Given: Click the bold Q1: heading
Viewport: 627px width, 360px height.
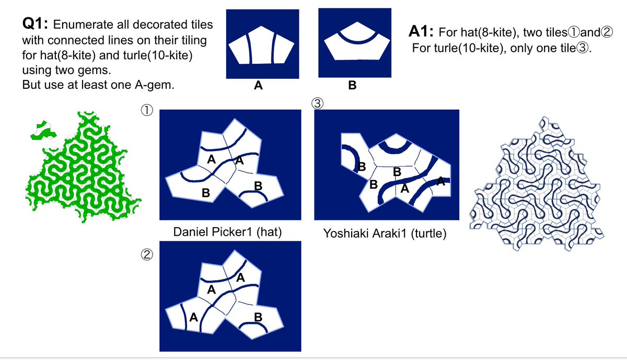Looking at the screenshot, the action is tap(36, 24).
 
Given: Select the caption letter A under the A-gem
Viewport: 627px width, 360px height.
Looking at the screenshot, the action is tap(258, 85).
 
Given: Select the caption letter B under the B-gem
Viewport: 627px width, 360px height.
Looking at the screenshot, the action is tap(352, 85).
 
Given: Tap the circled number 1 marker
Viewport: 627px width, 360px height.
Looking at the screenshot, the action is tap(147, 110).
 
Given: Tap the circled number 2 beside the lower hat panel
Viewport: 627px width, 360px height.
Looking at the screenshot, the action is tap(147, 255).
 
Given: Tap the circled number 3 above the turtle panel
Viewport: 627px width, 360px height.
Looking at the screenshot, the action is tap(317, 103).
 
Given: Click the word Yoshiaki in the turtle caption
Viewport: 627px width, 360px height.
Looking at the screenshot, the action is tap(343, 233).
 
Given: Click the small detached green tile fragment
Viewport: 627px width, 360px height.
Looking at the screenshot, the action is tap(44, 131).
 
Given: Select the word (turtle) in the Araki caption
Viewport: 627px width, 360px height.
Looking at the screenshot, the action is tap(428, 233).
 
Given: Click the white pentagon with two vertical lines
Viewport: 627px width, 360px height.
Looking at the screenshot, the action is tap(261, 45).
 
